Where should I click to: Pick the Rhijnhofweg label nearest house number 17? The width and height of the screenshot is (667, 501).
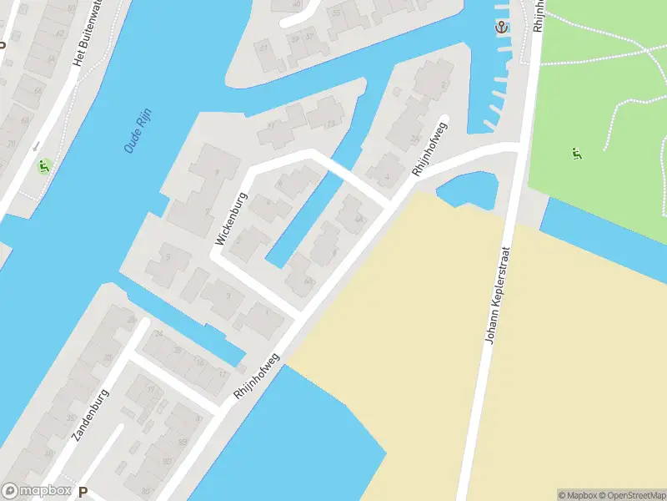257,373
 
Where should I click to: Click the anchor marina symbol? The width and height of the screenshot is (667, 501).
501,28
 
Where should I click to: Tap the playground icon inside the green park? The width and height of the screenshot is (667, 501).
576,154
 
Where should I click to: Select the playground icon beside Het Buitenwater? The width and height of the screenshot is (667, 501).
44,165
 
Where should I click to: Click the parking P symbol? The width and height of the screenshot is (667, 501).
83,492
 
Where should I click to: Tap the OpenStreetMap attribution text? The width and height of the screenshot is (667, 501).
634,495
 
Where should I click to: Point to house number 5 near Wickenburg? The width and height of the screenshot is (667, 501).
167,257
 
